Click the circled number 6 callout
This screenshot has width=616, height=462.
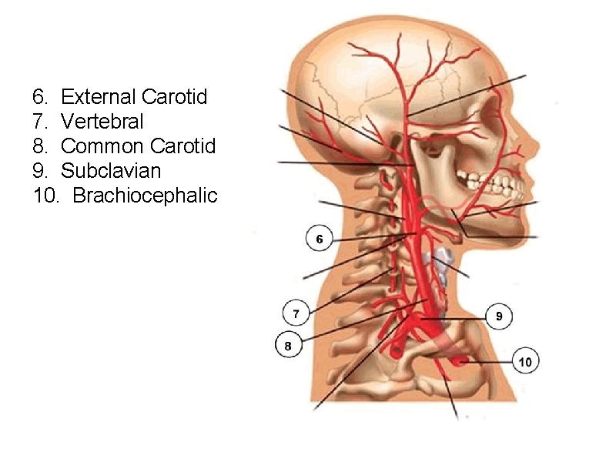point(320,239)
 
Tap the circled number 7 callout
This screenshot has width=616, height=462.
point(296,313)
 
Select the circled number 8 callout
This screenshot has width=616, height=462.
point(288,346)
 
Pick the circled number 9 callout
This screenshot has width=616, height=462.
point(499,316)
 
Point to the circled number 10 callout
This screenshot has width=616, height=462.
point(525,360)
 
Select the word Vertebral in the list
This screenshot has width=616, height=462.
point(102,122)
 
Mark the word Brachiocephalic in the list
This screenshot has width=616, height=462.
point(145,195)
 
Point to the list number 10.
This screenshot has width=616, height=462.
point(45,195)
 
